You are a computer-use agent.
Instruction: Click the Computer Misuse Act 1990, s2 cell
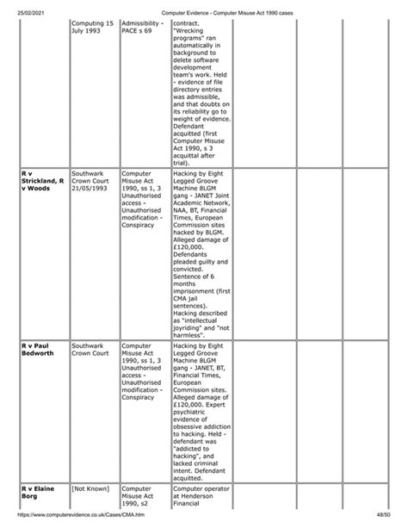139,498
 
